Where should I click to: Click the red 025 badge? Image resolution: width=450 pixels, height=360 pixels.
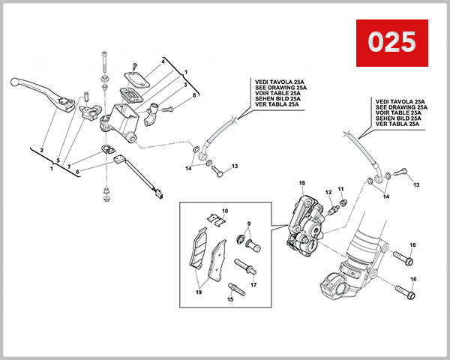point(391,41)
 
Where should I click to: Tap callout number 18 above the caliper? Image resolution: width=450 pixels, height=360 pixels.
point(301,184)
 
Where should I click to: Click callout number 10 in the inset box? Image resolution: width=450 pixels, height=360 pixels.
point(225,211)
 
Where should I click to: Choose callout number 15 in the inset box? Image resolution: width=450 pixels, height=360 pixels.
point(230,300)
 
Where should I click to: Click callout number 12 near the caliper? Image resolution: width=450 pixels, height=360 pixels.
point(328,193)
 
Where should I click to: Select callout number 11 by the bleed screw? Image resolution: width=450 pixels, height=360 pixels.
point(340,188)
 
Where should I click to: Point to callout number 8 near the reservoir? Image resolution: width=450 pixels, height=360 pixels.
point(193,95)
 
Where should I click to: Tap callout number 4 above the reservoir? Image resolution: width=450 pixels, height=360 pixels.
point(162,61)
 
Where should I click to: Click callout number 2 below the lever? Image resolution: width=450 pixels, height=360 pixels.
point(41,150)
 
